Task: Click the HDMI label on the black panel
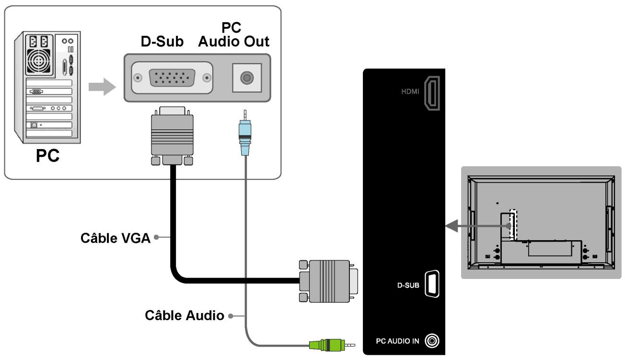click(x=410, y=91)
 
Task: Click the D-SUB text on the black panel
click(x=408, y=285)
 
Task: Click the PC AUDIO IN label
click(x=397, y=341)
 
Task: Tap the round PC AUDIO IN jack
click(x=432, y=341)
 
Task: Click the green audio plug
click(x=332, y=345)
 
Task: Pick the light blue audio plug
click(x=245, y=133)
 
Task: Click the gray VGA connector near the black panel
click(x=328, y=281)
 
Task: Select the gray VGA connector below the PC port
click(x=172, y=136)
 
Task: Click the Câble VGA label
click(x=116, y=238)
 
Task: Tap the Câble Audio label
click(x=185, y=315)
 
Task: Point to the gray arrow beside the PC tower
click(x=102, y=87)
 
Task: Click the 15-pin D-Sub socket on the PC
click(x=172, y=78)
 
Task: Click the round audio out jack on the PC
click(x=247, y=78)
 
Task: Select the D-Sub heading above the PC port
click(x=162, y=42)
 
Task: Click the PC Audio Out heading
click(x=233, y=35)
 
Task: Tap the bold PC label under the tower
click(x=48, y=155)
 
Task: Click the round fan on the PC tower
click(x=39, y=61)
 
